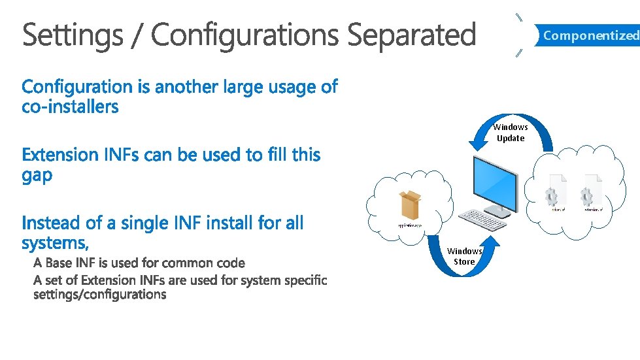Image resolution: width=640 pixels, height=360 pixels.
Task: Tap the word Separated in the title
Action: [x=411, y=35]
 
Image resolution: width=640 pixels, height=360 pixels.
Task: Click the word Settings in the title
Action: [x=71, y=35]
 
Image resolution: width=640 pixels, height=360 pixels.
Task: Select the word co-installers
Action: [x=71, y=106]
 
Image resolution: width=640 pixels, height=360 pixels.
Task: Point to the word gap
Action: [x=37, y=176]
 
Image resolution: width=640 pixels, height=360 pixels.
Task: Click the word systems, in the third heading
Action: [x=55, y=243]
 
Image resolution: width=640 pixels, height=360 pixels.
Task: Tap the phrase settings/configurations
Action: [x=100, y=294]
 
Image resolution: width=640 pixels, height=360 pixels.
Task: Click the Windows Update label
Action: [x=511, y=133]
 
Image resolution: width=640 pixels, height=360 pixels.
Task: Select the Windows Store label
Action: [x=464, y=256]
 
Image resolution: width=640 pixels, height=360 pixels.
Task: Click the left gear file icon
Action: [x=558, y=191]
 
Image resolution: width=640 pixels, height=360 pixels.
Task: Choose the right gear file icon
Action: [x=592, y=191]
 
